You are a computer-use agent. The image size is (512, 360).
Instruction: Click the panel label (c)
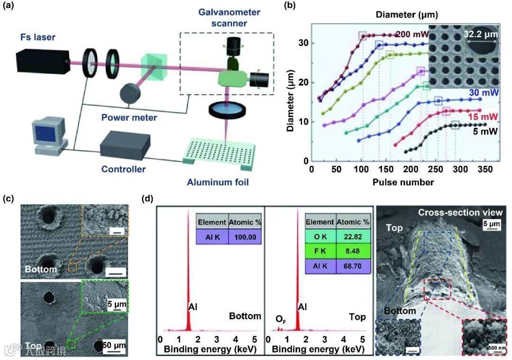tap(10, 198)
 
